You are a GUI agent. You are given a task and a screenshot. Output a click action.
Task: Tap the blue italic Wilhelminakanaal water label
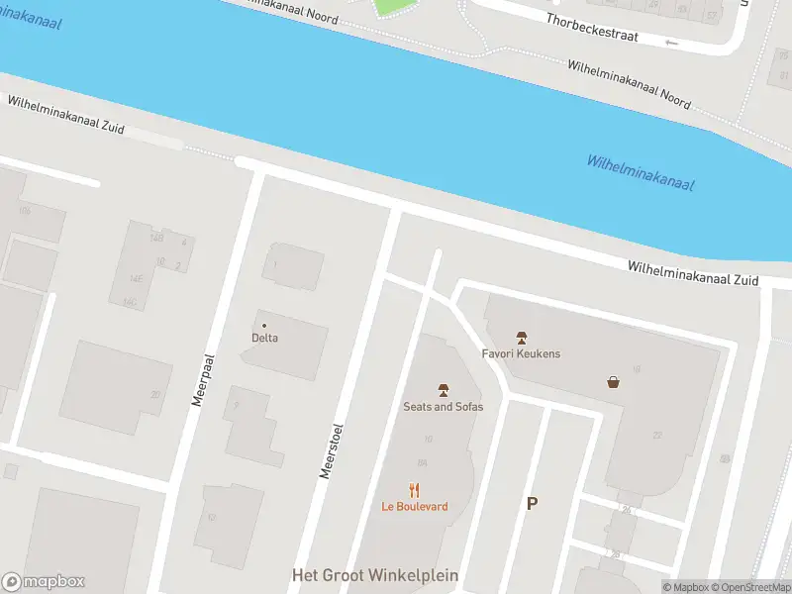[640, 173]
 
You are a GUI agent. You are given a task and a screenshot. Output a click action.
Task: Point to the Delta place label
[264, 338]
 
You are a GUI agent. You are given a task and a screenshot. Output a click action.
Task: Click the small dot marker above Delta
[264, 326]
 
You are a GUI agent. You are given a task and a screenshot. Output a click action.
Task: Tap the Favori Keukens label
[521, 353]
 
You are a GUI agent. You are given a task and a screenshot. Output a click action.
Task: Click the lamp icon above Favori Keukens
[521, 338]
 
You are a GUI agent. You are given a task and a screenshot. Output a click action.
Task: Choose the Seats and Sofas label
[443, 406]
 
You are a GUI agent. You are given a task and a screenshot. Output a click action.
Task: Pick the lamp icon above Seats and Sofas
[443, 389]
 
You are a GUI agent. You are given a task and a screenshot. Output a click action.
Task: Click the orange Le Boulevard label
[415, 507]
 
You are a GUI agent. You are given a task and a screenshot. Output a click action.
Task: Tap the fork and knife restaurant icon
[415, 489]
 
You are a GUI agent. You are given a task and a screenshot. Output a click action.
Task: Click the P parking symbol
[532, 504]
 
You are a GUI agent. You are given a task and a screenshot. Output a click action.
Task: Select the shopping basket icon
[614, 381]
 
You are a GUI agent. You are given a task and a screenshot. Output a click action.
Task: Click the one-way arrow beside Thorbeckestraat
[673, 43]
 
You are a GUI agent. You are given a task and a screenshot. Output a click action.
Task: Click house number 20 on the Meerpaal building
[154, 394]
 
